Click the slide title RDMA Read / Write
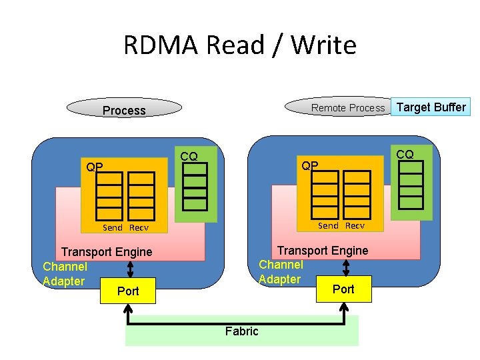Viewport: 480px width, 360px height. pos(240,45)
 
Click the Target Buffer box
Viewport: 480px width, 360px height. pos(431,107)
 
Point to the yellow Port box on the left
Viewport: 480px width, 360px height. pos(128,291)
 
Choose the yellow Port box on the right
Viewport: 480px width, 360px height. pos(344,289)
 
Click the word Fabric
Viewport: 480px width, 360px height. pos(241,331)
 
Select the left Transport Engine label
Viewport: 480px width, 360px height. pos(107,252)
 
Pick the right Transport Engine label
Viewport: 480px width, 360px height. pos(323,250)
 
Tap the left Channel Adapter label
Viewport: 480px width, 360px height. pos(65,274)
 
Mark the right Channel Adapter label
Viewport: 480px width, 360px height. pos(281,272)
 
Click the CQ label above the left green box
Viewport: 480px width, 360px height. pos(189,156)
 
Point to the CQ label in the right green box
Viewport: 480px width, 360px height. pos(405,154)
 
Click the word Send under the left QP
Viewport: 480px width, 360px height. pos(113,227)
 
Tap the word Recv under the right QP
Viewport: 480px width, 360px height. pos(355,225)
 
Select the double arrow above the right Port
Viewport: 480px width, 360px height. pos(345,267)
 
